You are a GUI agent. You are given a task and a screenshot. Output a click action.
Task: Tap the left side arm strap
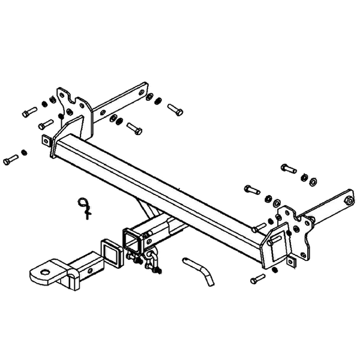[120, 102]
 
